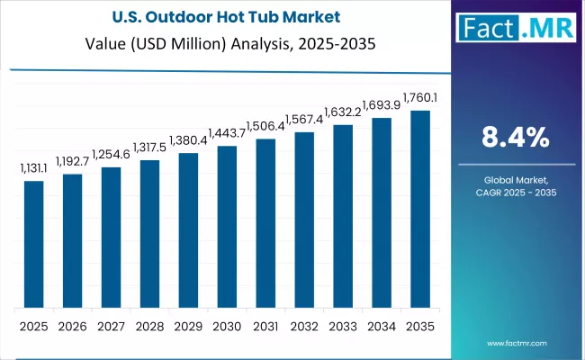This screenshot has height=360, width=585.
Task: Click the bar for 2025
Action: tap(33, 244)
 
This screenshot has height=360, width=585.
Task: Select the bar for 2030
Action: tap(227, 227)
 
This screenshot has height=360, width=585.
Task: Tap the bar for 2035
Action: tap(420, 209)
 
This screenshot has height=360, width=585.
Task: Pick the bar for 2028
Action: tap(149, 234)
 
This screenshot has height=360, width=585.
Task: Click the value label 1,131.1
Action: tap(34, 168)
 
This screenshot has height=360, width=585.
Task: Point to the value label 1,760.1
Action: tap(419, 98)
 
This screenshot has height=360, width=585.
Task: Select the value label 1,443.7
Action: tap(227, 133)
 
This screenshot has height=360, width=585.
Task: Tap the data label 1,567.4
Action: tap(304, 120)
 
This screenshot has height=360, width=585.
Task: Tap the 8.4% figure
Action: tap(516, 137)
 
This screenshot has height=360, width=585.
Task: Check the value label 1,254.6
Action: tap(111, 154)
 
